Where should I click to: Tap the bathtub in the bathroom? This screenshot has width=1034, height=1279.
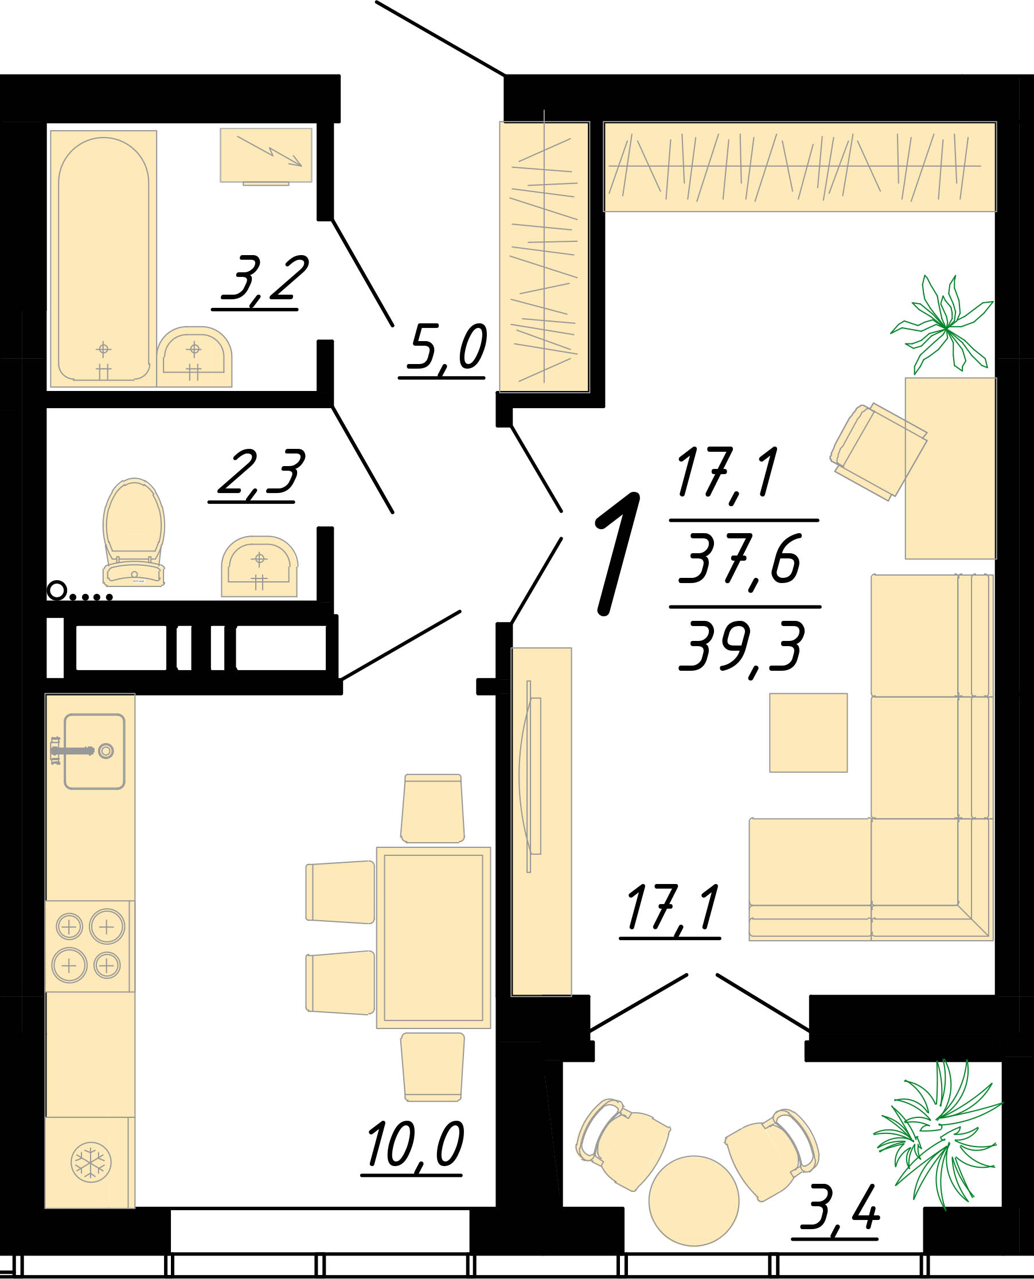point(103,259)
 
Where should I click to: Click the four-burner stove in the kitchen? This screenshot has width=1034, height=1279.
point(89,946)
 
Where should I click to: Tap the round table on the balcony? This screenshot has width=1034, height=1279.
point(693,1200)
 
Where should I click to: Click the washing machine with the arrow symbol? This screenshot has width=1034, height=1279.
point(266,156)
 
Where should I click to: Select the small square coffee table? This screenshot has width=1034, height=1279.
point(808,733)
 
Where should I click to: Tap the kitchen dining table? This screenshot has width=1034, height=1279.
point(434,937)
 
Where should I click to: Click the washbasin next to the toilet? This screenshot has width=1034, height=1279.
point(259,566)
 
